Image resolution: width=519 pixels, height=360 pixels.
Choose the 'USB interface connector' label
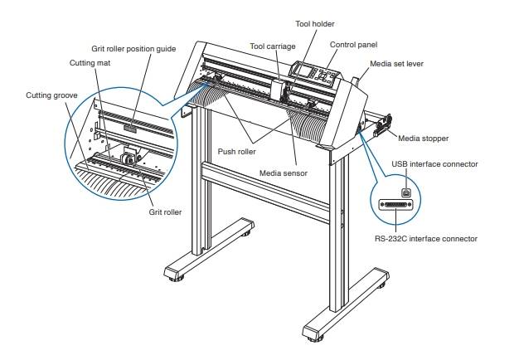click(434, 164)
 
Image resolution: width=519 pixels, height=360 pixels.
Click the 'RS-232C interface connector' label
click(424, 238)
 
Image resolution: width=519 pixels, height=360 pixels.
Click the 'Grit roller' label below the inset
click(166, 212)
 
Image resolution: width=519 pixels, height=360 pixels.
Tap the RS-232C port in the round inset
click(397, 205)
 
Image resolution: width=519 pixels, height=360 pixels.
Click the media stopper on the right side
click(383, 127)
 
